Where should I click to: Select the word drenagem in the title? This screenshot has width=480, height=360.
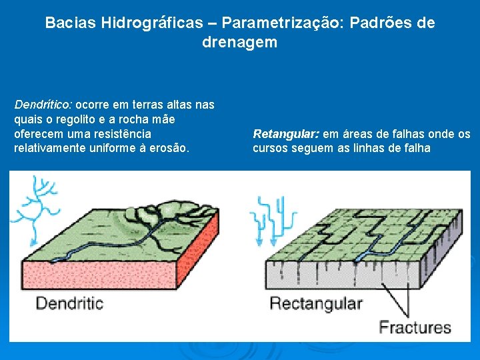click(239, 43)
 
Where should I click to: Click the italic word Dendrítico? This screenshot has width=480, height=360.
click(43, 105)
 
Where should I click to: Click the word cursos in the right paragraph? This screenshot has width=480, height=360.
click(270, 148)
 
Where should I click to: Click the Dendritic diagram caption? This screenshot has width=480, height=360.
click(69, 303)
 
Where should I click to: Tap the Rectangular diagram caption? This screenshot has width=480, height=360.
click(315, 304)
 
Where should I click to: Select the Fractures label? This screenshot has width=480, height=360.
click(415, 327)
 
